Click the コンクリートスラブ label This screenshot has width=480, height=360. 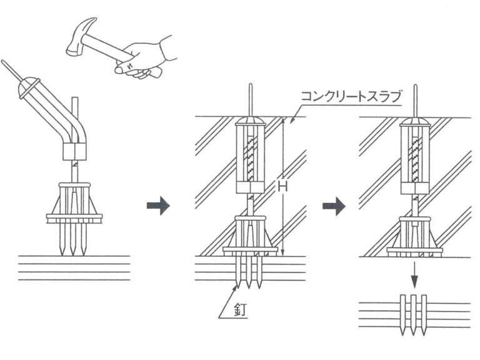coord(351,96)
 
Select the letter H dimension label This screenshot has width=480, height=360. coord(282,186)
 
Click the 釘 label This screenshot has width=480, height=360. coord(240,309)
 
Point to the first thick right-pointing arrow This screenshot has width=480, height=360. coord(158,206)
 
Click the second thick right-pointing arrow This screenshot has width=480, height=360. coord(334,206)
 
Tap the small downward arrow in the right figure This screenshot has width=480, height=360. coord(414,275)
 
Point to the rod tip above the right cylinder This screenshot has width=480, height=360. coord(415,86)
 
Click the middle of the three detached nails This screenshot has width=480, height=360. coord(414,315)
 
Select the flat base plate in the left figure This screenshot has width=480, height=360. coord(74,218)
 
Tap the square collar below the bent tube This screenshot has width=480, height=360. coord(74,151)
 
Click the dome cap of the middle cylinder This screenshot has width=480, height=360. coord(250,121)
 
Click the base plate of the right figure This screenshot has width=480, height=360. coord(414,252)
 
